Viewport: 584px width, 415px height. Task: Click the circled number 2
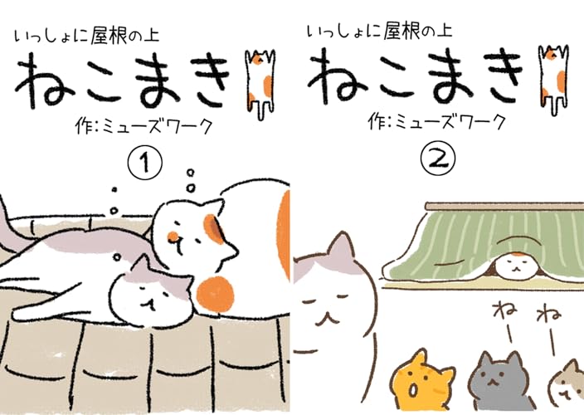(x=439, y=159)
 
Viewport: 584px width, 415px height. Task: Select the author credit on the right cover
(x=436, y=122)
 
